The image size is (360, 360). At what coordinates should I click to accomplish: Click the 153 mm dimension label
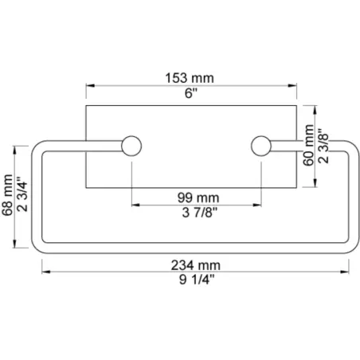(x=190, y=78)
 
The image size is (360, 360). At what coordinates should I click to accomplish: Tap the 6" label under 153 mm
(x=191, y=93)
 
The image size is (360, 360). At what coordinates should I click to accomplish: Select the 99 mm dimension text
(x=198, y=198)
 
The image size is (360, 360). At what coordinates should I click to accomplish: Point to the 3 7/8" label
(x=200, y=213)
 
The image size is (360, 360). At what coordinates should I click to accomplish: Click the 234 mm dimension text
(x=196, y=265)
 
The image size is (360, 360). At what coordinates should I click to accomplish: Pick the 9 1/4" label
(x=197, y=280)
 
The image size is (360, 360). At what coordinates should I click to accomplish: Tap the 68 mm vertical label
(x=7, y=195)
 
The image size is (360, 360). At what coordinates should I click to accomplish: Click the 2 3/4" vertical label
(x=22, y=194)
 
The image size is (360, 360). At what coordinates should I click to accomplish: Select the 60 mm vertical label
(x=308, y=145)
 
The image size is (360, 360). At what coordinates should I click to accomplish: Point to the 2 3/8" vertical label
(x=323, y=146)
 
